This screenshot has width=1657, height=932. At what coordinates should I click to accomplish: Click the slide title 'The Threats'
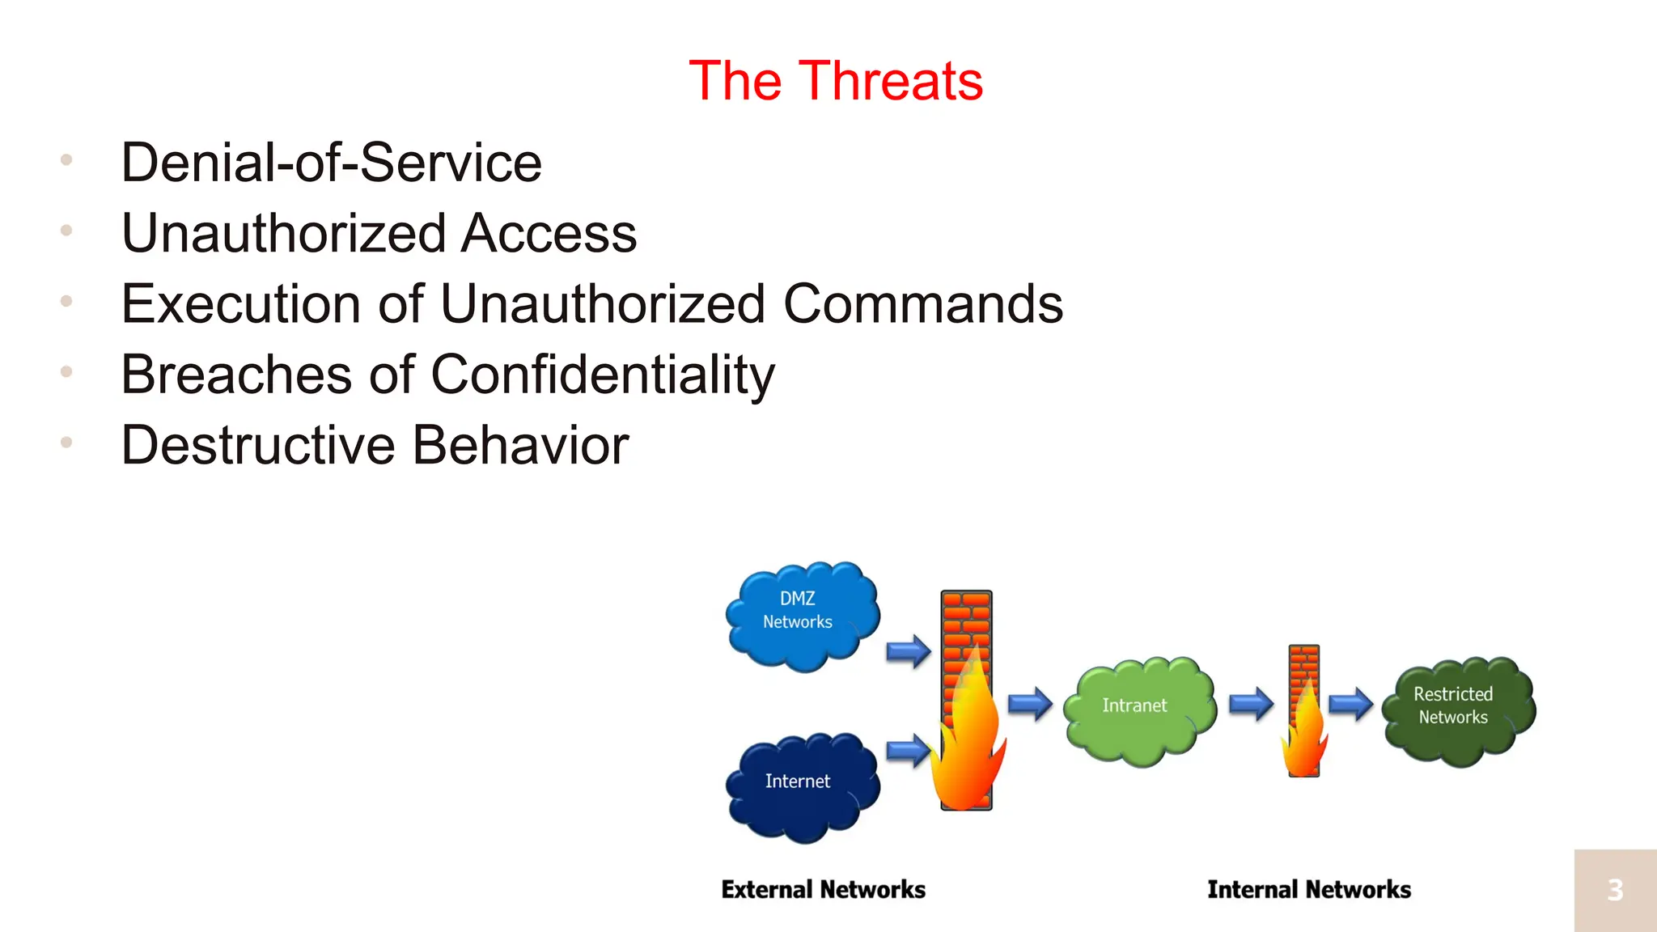836,81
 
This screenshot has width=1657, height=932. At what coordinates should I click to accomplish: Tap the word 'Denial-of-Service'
331,163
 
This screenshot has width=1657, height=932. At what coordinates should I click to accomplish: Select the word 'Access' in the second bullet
549,234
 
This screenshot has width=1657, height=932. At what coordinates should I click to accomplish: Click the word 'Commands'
922,304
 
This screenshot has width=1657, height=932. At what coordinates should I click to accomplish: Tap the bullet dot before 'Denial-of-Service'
66,160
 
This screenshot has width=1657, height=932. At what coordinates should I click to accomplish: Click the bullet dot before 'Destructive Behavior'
66,443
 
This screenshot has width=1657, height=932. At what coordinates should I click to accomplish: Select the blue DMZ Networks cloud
801,615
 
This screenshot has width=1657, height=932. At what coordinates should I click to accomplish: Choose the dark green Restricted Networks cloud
1457,710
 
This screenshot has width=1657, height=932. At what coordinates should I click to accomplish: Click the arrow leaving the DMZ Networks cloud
908,650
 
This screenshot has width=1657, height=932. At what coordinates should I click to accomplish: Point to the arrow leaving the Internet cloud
908,751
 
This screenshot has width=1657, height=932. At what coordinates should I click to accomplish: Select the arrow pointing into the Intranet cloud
1029,703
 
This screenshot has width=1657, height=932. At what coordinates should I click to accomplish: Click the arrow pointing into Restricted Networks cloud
1350,703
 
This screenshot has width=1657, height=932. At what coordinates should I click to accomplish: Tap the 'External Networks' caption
823,890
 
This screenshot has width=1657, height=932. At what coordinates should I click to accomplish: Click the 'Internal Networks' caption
1308,890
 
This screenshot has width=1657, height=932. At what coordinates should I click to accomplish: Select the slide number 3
1615,890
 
